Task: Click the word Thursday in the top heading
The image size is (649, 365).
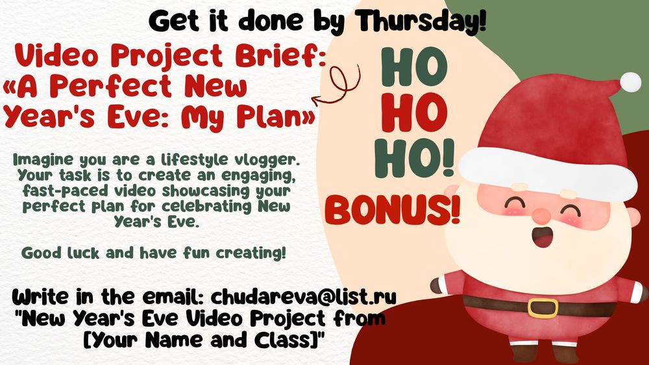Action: tap(422, 21)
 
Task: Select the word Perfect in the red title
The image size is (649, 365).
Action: tap(113, 86)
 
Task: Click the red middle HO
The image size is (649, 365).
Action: tap(413, 112)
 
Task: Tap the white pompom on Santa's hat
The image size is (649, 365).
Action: tap(630, 82)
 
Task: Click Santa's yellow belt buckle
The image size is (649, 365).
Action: tap(543, 308)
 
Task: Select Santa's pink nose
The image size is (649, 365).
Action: tap(542, 215)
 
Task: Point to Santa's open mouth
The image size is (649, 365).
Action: tap(541, 237)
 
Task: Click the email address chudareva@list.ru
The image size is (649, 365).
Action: tap(303, 297)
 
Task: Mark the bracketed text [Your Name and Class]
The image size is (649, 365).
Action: tap(203, 340)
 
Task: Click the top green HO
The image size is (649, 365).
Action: tap(414, 67)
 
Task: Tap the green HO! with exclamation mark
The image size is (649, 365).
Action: tap(414, 158)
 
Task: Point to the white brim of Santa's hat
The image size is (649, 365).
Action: tap(548, 174)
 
